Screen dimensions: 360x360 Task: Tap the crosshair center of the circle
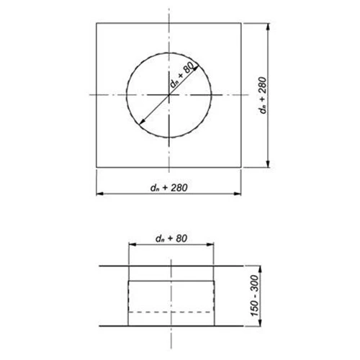(x=170, y=95)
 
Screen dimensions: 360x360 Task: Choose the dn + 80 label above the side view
(x=170, y=237)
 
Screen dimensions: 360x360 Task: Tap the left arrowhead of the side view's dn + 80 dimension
(x=131, y=245)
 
